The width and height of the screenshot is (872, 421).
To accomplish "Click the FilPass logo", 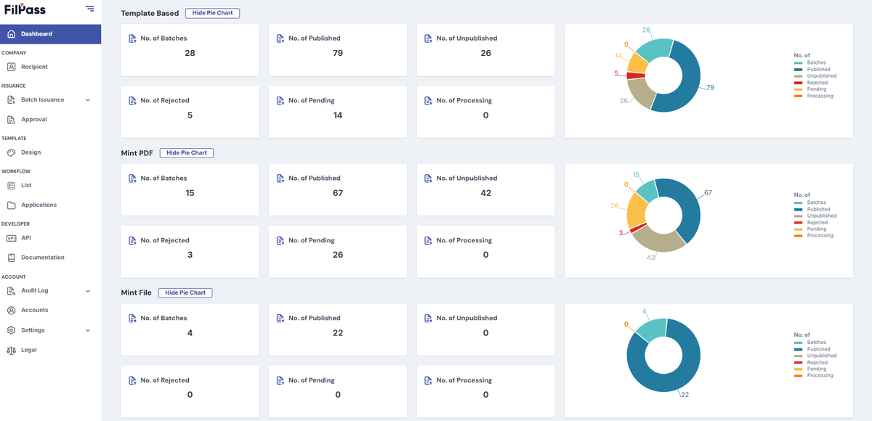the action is pos(25,9).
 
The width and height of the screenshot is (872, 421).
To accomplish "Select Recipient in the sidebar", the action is pos(34,67).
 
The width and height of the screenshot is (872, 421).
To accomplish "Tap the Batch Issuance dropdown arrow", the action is pos(88,100).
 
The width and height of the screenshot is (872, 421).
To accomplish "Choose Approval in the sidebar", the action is pos(34,119).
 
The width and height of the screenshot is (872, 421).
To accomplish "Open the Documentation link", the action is pos(42,258).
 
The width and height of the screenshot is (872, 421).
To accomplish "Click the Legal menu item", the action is pos(28,350).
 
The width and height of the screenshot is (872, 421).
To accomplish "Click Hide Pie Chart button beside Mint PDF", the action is pos(187,152).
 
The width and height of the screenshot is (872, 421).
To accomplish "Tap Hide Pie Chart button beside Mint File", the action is pos(185,293).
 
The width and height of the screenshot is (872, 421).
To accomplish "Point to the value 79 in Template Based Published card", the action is pos(337,53).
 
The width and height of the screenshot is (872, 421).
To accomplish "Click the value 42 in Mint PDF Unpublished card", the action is pos(485,193).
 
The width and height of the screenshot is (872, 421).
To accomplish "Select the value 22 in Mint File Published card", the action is pos(337,332).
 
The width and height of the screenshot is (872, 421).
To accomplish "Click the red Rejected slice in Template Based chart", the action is pos(636,75).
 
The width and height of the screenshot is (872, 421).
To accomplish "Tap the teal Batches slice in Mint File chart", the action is pos(651,330).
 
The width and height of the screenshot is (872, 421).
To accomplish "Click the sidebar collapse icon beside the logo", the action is pos(89,9).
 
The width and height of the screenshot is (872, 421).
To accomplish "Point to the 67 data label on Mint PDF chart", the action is pos(708,192).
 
